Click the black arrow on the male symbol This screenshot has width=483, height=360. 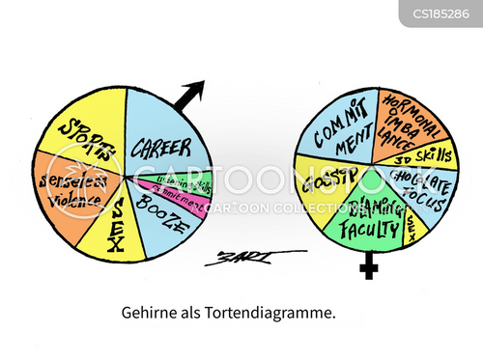tap(193, 93)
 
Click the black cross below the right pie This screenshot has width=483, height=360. tap(367, 265)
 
